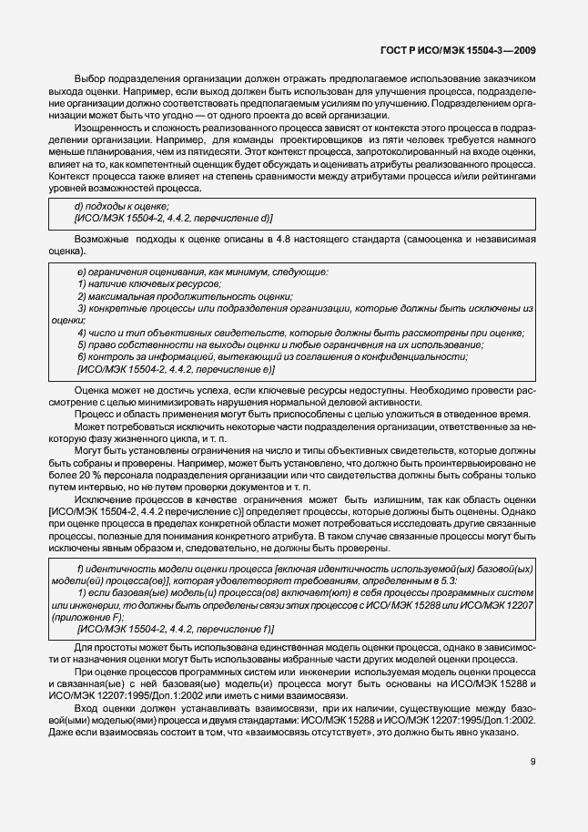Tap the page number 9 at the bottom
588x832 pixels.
pos(532,762)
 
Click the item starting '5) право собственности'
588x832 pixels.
pos(280,345)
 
